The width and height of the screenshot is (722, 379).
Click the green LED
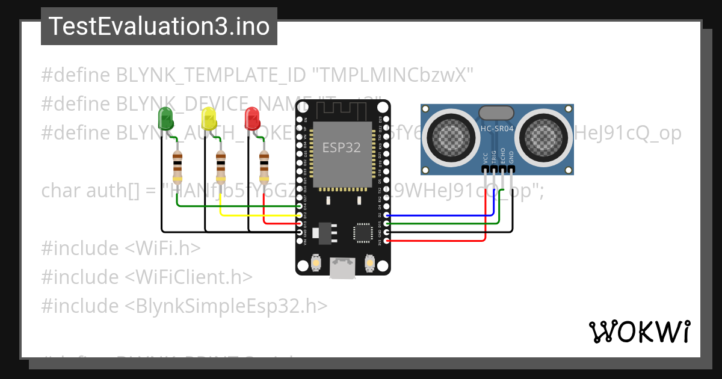[165, 118]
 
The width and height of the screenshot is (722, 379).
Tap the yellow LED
[209, 118]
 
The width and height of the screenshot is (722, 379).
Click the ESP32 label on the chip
[342, 147]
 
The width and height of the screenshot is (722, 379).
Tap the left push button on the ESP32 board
[316, 263]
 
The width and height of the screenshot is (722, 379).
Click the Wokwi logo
[639, 331]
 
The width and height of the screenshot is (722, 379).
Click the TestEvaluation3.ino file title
[159, 26]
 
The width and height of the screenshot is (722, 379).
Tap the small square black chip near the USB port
[363, 233]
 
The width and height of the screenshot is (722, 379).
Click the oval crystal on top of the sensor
[496, 112]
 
